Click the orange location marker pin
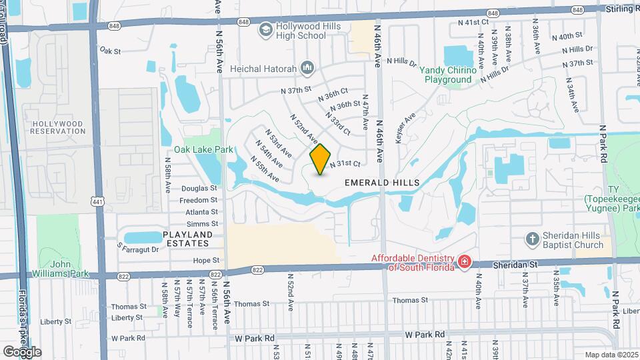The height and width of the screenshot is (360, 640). [x=321, y=159]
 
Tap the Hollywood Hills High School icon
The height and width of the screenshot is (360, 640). [x=266, y=29]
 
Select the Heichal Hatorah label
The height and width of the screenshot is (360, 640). [x=253, y=68]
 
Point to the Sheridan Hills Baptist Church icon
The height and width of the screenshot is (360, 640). [x=532, y=239]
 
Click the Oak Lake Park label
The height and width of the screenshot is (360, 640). [x=203, y=149]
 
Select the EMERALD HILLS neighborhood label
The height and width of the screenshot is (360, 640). [x=382, y=182]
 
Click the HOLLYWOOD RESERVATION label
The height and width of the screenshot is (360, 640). [x=58, y=127]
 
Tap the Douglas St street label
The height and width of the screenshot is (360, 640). [x=199, y=189]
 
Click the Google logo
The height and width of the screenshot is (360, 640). [x=21, y=351]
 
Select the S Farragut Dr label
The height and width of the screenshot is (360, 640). [x=138, y=249]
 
